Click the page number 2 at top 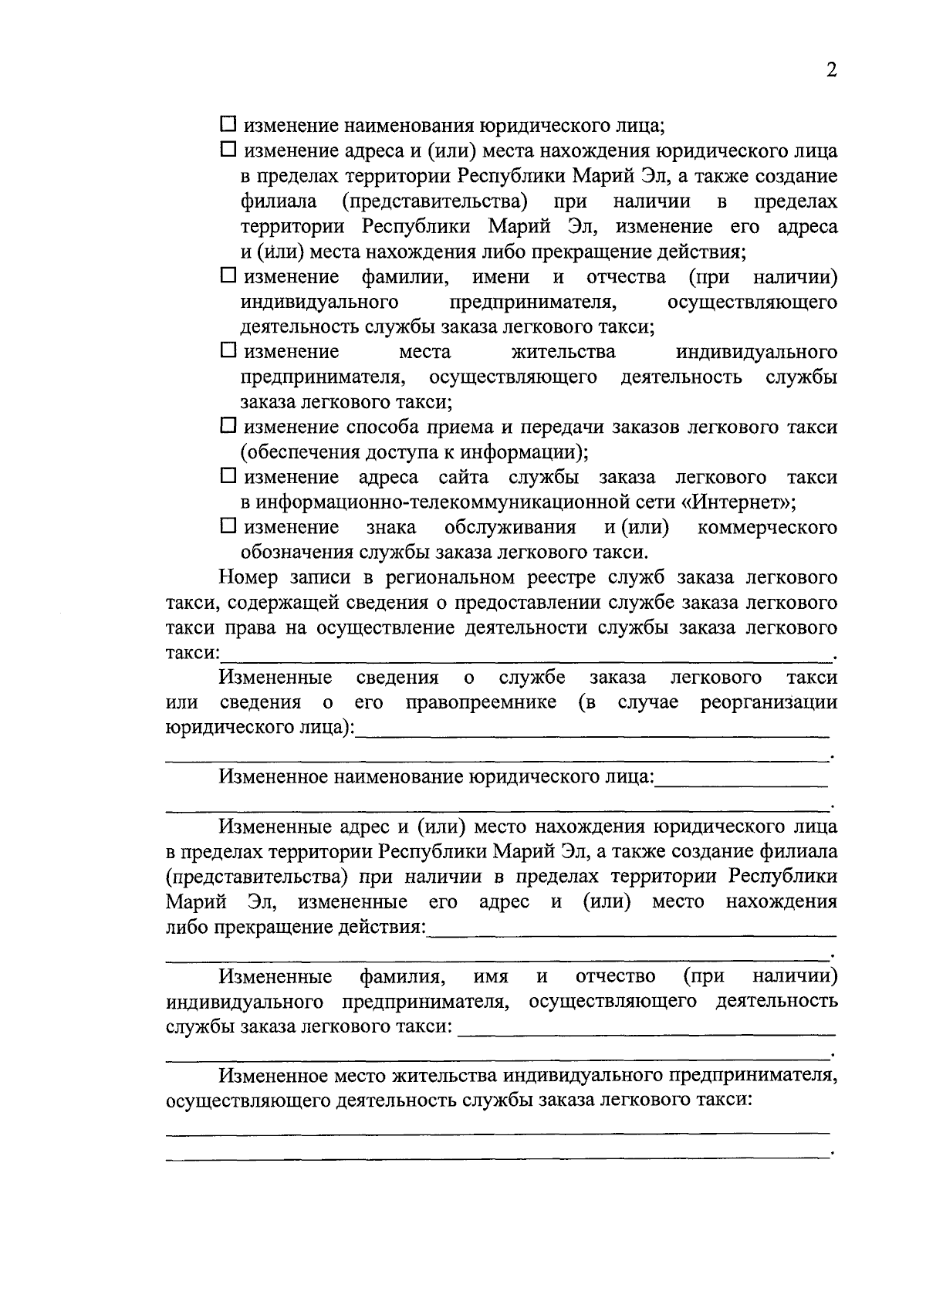pyautogui.click(x=831, y=70)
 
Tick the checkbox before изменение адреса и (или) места pyautogui.click(x=228, y=149)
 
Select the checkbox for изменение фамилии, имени pyautogui.click(x=228, y=275)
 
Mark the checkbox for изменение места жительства pyautogui.click(x=228, y=350)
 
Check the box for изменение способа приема pyautogui.click(x=228, y=425)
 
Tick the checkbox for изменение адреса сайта pyautogui.click(x=228, y=475)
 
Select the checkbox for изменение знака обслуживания pyautogui.click(x=228, y=526)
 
